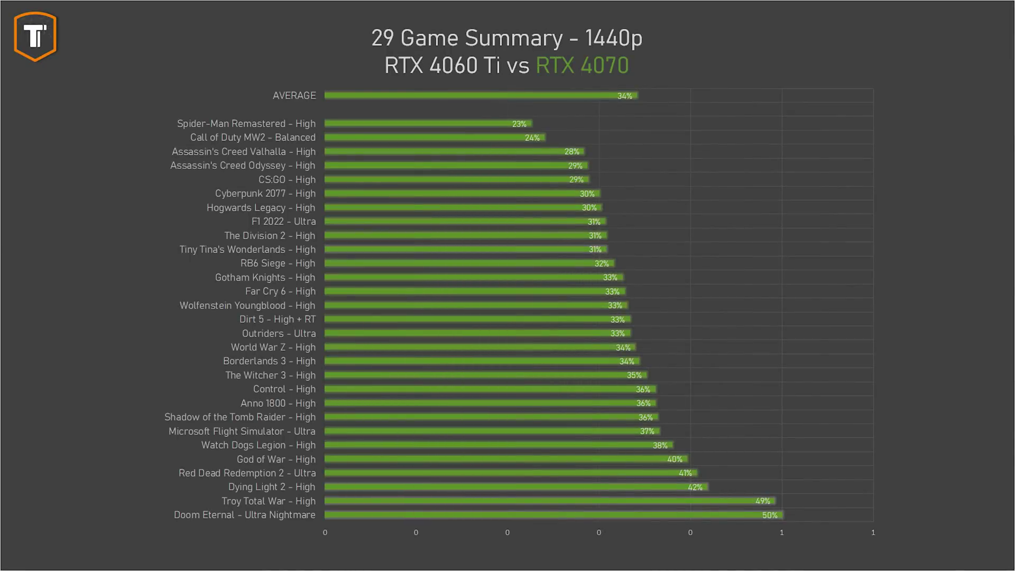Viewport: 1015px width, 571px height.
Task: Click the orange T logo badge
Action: coord(35,36)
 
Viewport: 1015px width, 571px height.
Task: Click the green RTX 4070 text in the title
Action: coord(582,66)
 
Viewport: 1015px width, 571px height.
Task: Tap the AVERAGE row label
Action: coord(294,96)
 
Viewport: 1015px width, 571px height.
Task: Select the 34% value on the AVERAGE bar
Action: coord(624,96)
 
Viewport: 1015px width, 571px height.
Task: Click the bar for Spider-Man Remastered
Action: coord(423,124)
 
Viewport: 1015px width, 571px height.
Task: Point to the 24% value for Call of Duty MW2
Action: coord(532,138)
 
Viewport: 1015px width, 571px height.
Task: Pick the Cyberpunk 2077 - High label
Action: coord(265,194)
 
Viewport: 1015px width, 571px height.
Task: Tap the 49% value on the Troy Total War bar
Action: coord(762,501)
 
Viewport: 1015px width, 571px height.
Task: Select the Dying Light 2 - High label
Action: coord(271,487)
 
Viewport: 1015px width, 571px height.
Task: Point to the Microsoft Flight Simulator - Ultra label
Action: coord(242,431)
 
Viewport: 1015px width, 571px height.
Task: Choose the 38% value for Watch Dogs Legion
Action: coord(660,446)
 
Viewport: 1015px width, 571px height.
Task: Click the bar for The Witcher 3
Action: coord(476,375)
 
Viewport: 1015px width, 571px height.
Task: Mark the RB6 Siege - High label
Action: coord(278,263)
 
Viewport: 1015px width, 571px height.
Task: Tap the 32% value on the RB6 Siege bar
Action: coord(601,264)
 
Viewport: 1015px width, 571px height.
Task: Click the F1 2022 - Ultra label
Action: coord(283,222)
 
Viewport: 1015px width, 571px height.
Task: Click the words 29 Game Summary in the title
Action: coord(467,38)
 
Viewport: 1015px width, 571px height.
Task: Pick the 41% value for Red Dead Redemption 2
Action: coord(685,473)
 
